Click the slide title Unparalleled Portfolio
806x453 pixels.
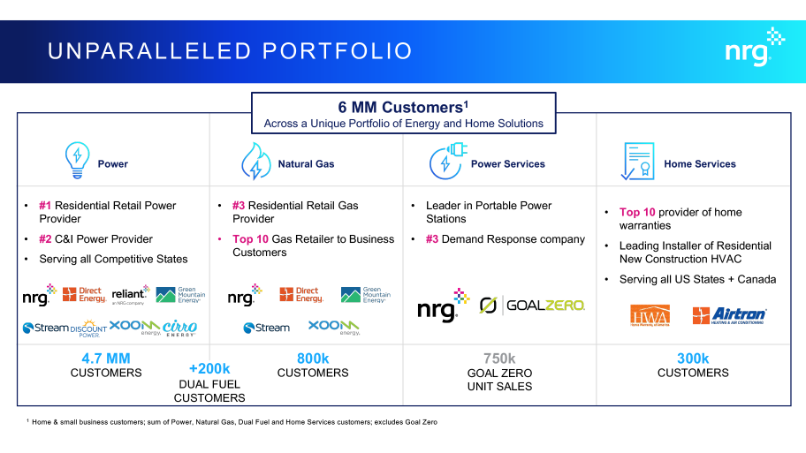pos(230,51)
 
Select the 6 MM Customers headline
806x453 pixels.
pos(403,108)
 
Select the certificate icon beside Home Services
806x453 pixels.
pos(637,162)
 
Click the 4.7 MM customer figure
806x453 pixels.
pos(106,359)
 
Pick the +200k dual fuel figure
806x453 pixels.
pos(209,368)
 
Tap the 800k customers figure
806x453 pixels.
pos(313,359)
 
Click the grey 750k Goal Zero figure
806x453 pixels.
pos(499,359)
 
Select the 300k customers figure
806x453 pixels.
pos(693,359)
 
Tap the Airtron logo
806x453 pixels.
pos(729,316)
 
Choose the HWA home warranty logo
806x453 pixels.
pos(650,316)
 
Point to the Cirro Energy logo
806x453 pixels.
pos(179,328)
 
